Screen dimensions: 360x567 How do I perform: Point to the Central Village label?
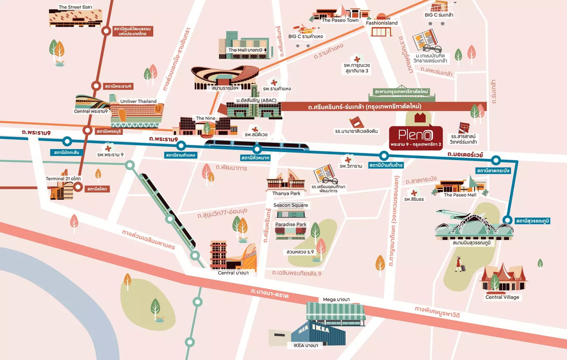[x=502, y=297]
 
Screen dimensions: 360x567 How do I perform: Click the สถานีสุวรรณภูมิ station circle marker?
[x=507, y=220]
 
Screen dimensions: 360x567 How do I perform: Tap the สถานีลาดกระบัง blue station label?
[x=494, y=170]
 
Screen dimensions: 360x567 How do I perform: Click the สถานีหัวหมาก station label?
[x=255, y=158]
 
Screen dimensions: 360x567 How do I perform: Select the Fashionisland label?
[x=383, y=23]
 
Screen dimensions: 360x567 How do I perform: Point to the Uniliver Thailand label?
[x=138, y=102]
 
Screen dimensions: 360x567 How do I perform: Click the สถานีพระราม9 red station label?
[x=118, y=86]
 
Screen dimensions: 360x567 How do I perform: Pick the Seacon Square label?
[x=291, y=205]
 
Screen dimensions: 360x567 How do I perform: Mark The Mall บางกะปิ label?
[x=245, y=50]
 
